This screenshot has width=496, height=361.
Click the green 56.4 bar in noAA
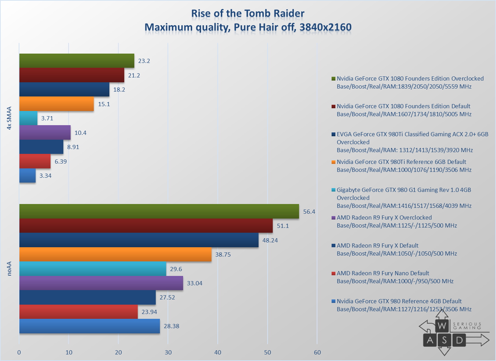pos(159,211)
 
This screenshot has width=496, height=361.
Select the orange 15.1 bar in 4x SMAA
pos(56,103)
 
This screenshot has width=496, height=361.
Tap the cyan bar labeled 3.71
pos(28,118)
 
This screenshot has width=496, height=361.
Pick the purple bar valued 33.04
pos(101,283)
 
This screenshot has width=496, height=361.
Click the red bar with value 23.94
pos(78,312)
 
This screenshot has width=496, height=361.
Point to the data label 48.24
pos(270,240)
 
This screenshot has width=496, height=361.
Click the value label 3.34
pos(45,176)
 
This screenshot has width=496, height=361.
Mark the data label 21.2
pos(134,75)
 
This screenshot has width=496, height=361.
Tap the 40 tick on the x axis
pos(218,352)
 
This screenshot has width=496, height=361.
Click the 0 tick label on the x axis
pos(19,352)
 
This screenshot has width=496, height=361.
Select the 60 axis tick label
pos(317,352)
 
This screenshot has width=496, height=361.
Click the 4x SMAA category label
pos(9,118)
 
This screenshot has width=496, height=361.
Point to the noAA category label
pos(9,269)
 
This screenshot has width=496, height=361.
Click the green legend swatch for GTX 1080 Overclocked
pos(333,78)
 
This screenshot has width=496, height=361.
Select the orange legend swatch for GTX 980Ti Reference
pos(333,162)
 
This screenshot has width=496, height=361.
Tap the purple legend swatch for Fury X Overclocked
pos(333,217)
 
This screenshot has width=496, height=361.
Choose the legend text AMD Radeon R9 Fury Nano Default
pos(383,273)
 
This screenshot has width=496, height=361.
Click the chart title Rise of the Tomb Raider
pos(248,13)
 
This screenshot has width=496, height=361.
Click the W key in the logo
pos(442,326)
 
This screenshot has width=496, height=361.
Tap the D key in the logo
pos(459,340)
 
